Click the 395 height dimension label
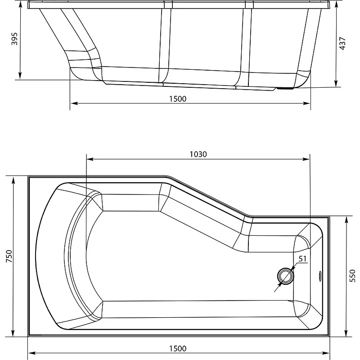pyautogui.click(x=14, y=39)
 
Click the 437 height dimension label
pyautogui.click(x=342, y=43)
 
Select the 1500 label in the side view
pyautogui.click(x=178, y=99)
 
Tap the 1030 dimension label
pyautogui.click(x=198, y=154)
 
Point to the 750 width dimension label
pyautogui.click(x=9, y=256)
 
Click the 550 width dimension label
pyautogui.click(x=352, y=276)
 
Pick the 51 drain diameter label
pyautogui.click(x=302, y=259)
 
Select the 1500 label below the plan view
pyautogui.click(x=178, y=348)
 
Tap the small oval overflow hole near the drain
pyautogui.click(x=320, y=276)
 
